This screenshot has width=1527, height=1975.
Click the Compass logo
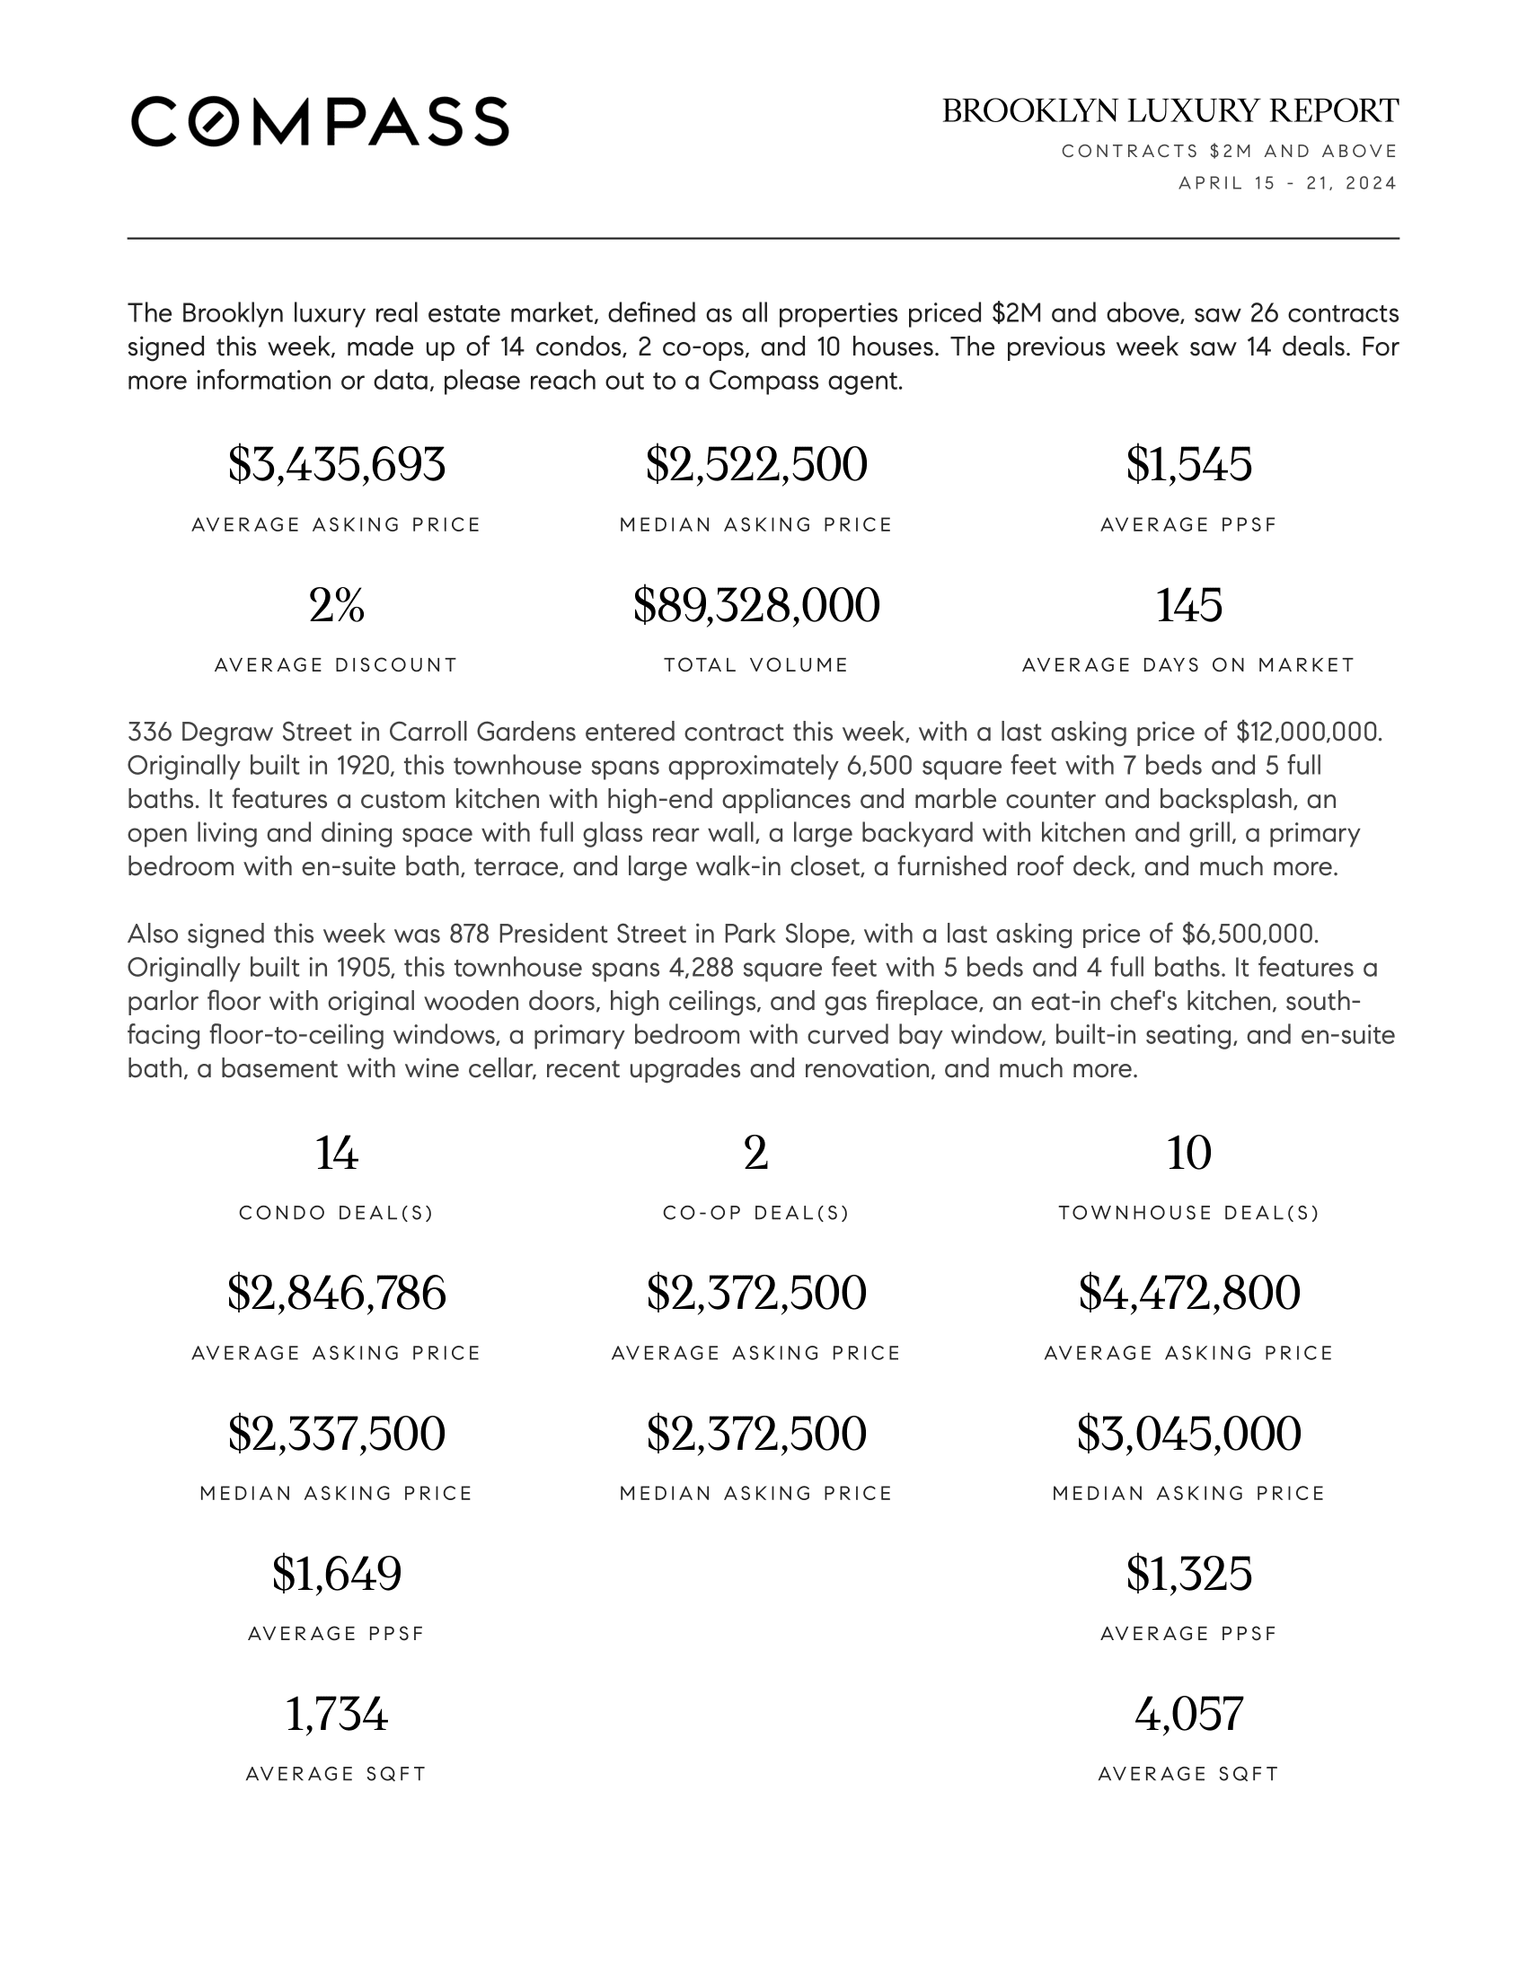[320, 121]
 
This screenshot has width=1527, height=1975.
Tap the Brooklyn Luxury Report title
[1170, 111]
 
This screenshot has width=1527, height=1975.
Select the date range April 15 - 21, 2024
[1287, 183]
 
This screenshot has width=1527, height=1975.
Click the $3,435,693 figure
[337, 465]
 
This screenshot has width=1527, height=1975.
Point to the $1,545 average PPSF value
[1188, 465]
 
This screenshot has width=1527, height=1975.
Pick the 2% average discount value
[337, 605]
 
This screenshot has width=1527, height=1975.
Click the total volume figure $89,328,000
[756, 605]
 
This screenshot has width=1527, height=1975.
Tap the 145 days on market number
[1188, 605]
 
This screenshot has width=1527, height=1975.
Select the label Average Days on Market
[1188, 665]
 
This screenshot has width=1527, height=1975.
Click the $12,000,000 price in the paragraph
[1308, 732]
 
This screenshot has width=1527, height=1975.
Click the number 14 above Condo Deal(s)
[337, 1153]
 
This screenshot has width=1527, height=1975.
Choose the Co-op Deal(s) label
[756, 1214]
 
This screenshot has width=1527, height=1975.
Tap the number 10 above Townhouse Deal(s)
[1188, 1153]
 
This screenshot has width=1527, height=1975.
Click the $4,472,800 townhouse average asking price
[1188, 1293]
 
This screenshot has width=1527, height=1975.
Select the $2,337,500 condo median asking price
[337, 1434]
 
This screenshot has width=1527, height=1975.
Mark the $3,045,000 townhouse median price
[1188, 1434]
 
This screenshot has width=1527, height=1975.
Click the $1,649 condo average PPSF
[337, 1574]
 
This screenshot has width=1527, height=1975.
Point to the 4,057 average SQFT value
[1188, 1714]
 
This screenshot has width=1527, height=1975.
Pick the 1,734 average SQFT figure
[337, 1714]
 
